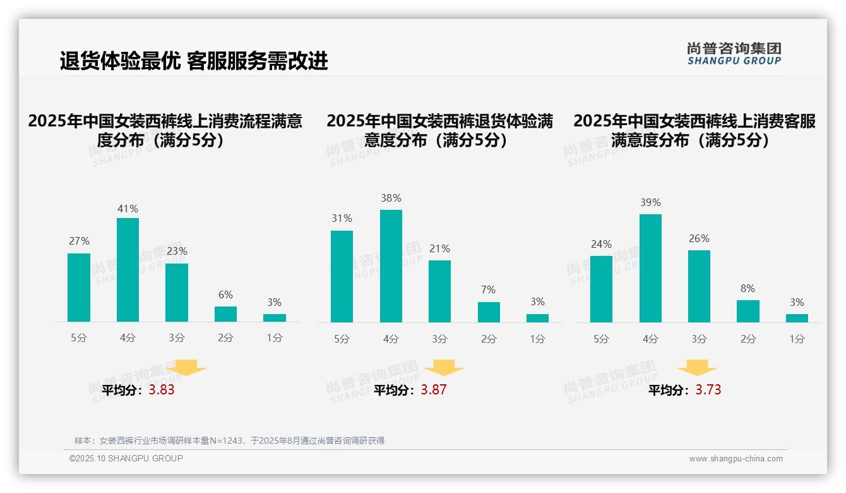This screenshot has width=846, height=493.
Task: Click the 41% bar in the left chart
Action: [128, 270]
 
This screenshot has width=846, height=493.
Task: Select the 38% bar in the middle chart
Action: [391, 266]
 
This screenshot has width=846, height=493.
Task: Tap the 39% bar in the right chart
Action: [650, 268]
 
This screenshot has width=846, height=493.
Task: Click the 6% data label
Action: [225, 295]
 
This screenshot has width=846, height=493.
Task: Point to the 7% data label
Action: [488, 289]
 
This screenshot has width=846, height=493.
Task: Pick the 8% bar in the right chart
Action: [748, 311]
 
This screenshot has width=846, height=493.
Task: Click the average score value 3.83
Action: [162, 390]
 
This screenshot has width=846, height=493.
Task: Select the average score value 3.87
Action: [434, 390]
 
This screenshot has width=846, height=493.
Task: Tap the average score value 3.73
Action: [708, 390]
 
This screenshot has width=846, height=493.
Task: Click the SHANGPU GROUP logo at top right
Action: [734, 54]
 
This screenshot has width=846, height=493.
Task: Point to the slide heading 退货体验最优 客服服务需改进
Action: [194, 61]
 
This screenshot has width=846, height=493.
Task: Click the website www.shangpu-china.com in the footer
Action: [736, 459]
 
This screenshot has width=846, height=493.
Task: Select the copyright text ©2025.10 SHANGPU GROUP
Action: [126, 458]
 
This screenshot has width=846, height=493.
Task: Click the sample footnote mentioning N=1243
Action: [229, 441]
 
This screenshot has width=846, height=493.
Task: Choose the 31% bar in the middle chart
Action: [342, 276]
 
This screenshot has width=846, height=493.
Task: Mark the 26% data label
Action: [699, 238]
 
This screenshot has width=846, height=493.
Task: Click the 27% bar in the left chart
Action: [79, 288]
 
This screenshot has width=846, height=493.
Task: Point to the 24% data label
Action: [601, 244]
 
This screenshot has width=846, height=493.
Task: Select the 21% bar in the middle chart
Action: [439, 291]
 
